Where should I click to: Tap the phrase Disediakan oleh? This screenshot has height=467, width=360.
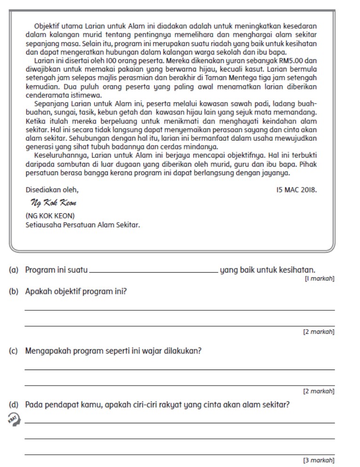tap(52, 190)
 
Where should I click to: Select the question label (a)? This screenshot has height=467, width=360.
tap(14, 270)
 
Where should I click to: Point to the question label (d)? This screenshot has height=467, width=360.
tap(14, 404)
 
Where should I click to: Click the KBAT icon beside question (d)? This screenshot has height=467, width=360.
tap(14, 419)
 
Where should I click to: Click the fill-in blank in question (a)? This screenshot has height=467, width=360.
tap(153, 271)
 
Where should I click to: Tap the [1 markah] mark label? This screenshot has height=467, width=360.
tap(320, 279)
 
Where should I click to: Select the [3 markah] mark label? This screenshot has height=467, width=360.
tap(319, 460)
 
